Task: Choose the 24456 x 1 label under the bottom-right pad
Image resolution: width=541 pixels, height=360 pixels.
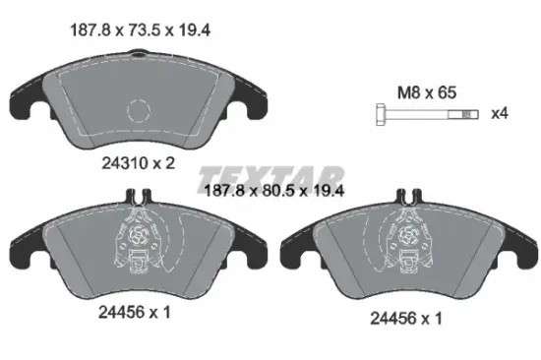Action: (x=405, y=317)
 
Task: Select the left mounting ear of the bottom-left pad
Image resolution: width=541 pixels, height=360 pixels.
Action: (x=26, y=251)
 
